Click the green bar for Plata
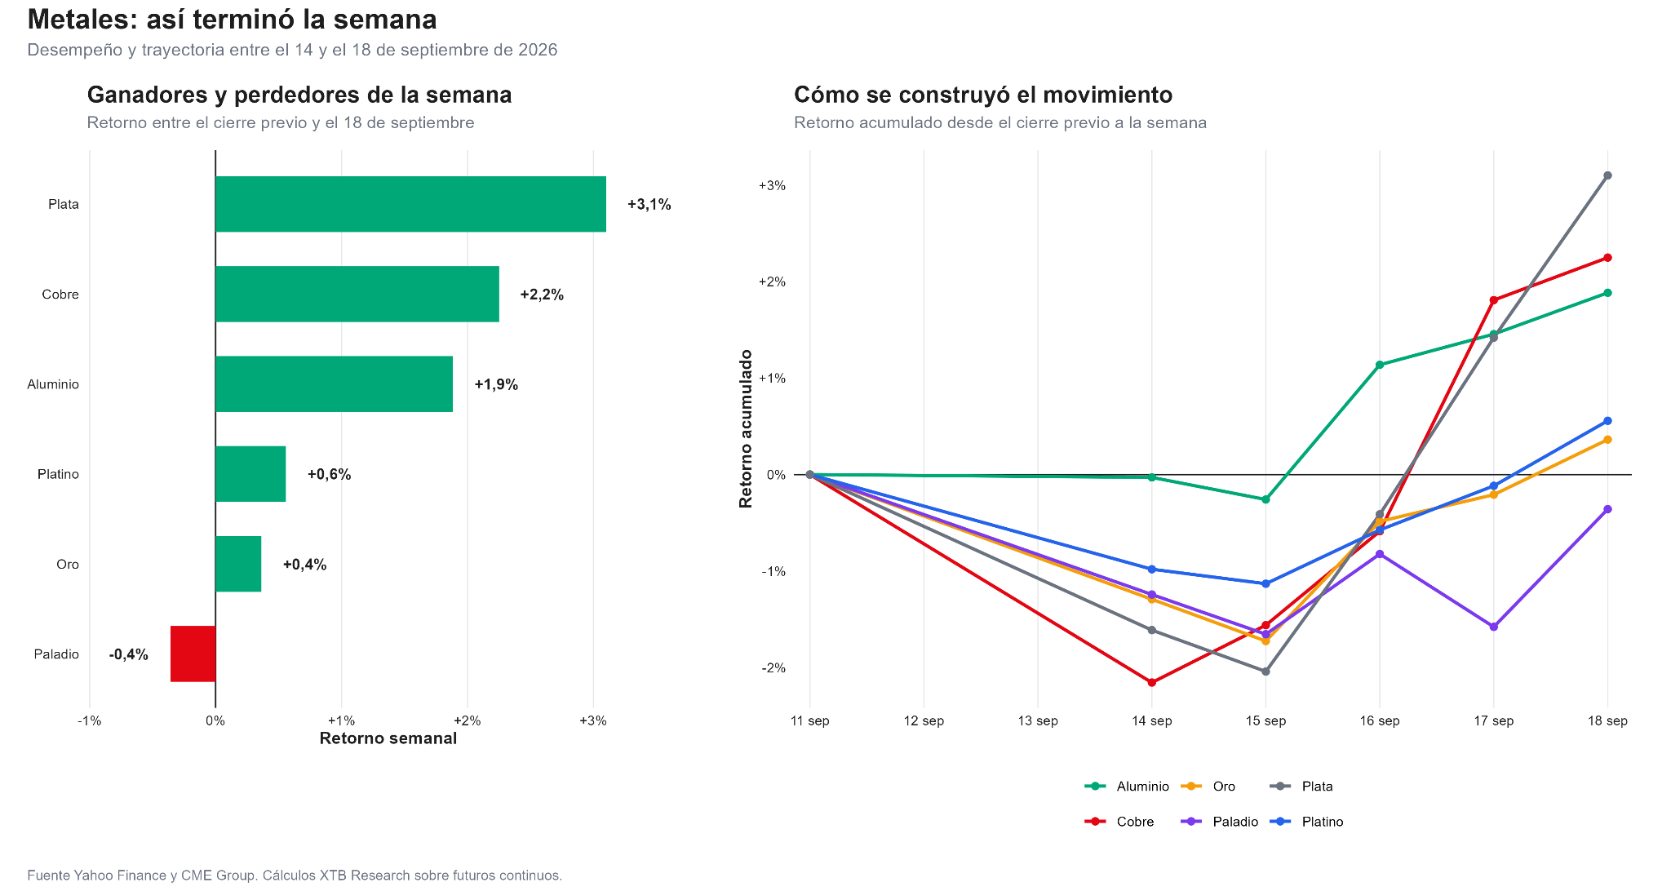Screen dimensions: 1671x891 click(x=410, y=204)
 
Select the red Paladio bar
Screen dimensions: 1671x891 click(x=193, y=654)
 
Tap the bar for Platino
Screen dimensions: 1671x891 click(x=250, y=474)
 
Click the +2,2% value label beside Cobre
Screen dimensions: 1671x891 click(x=542, y=295)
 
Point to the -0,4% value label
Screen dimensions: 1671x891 click(x=129, y=654)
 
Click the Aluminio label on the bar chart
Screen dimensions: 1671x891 click(x=53, y=384)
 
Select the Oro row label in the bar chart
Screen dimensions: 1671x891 click(x=68, y=565)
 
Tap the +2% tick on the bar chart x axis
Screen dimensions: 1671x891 click(x=467, y=720)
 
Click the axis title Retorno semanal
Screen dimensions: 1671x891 click(x=388, y=738)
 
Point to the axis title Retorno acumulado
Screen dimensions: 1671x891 click(x=746, y=428)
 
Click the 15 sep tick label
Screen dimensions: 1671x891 click(x=1265, y=720)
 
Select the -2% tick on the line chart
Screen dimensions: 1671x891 click(x=773, y=667)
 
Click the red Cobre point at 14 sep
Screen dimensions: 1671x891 click(x=1152, y=682)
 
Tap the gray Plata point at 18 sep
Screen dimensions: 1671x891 click(x=1607, y=175)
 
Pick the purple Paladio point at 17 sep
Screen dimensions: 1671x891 click(x=1494, y=627)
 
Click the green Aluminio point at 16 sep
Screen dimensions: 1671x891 click(x=1380, y=365)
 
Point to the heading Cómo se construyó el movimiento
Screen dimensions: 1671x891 click(x=983, y=95)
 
